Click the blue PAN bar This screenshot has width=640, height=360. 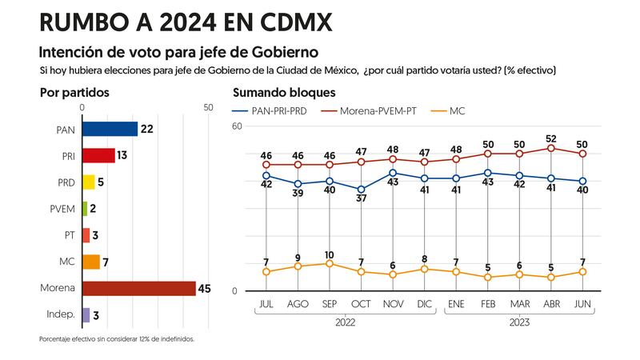(x=110, y=129)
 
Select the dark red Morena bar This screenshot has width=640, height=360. (x=138, y=288)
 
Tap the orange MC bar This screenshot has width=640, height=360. (x=91, y=262)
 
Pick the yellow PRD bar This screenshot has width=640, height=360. (x=89, y=182)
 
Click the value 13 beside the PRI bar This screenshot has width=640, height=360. (x=122, y=155)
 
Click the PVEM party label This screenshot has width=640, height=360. (x=62, y=209)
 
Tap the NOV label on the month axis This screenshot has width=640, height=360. (x=392, y=303)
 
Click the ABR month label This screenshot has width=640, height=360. (x=550, y=303)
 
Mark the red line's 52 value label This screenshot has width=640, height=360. (x=550, y=138)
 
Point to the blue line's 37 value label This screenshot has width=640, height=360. (x=361, y=198)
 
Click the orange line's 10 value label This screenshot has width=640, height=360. (x=329, y=254)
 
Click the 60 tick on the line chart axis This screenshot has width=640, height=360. (x=237, y=126)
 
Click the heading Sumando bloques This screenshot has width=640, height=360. (x=284, y=93)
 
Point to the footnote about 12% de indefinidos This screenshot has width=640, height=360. (x=117, y=339)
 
